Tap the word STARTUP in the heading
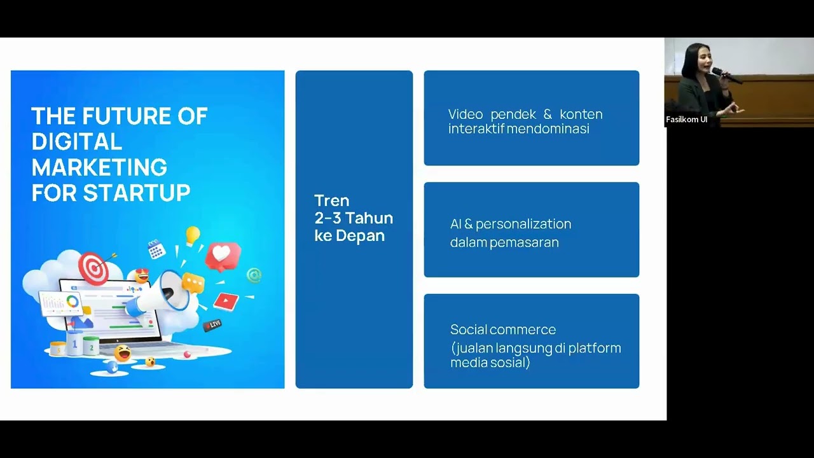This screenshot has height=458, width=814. [137, 193]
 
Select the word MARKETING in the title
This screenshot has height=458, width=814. [99, 167]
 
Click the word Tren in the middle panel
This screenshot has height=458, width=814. [332, 200]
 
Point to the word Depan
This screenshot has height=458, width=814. [360, 236]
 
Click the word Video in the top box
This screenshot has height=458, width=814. [466, 114]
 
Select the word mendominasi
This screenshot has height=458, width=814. [548, 129]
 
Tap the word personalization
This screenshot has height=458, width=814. [523, 225]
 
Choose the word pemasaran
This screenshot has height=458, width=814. [525, 243]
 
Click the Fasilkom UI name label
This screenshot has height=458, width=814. [686, 120]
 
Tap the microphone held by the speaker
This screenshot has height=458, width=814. [726, 75]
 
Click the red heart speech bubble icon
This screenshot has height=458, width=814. [222, 256]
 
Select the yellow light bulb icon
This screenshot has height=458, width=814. [193, 235]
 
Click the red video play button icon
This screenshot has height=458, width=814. [226, 302]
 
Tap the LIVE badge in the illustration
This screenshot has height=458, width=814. [212, 324]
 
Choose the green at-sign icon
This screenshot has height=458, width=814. [254, 275]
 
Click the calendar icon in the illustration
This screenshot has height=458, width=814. [156, 249]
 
